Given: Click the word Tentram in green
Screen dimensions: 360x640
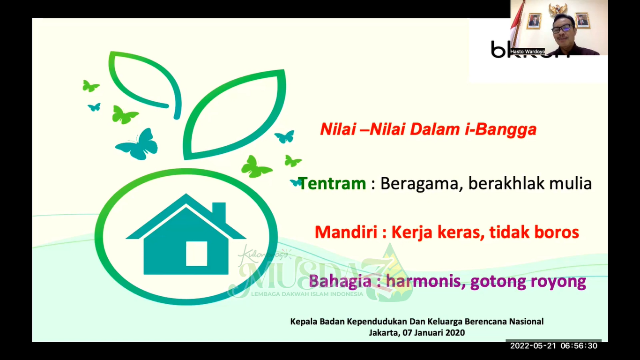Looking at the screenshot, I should tap(332, 184).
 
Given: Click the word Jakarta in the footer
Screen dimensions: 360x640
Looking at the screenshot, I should tap(382, 333).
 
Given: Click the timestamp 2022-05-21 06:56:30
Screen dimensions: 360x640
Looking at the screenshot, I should tap(553, 346).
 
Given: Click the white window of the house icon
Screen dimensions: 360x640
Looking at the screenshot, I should tap(196, 254).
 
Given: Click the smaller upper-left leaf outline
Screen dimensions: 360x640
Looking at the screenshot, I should tap(143, 80).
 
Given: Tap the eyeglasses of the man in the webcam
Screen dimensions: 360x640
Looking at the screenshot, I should tap(561, 28).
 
